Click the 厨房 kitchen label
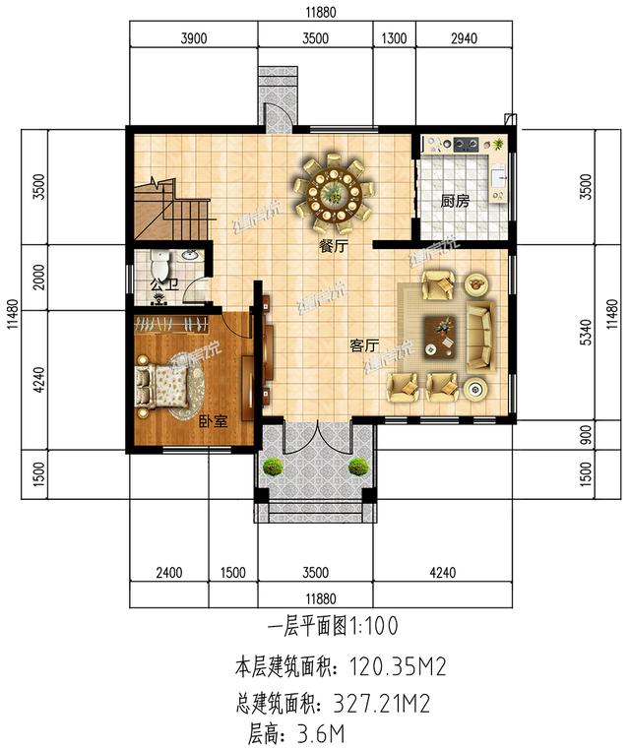454,202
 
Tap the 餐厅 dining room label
333,247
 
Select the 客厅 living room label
365,346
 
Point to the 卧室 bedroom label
213,421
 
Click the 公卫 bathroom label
162,285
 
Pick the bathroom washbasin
190,257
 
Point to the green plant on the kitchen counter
499,145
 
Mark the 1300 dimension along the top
393,39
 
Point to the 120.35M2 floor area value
394,668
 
